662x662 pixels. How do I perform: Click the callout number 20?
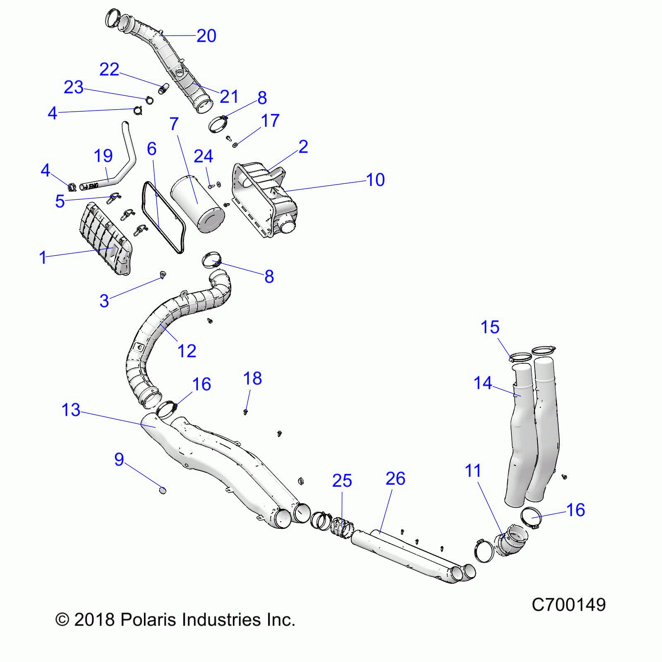tap(206, 36)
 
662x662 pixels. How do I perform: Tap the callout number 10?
tap(375, 180)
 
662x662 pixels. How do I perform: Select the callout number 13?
tap(71, 410)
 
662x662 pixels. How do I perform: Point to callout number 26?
tap(395, 479)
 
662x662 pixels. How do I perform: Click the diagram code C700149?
tap(568, 605)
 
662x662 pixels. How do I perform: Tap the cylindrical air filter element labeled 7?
tap(198, 203)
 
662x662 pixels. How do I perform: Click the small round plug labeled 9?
tap(163, 491)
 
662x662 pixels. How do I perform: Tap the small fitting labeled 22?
tap(164, 89)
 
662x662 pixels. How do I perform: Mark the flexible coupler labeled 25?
tap(342, 527)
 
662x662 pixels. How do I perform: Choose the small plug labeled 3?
tap(162, 274)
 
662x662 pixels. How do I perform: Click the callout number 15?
tap(490, 327)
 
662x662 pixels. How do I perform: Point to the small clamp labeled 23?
tap(149, 100)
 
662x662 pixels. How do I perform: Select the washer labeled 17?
tap(235, 145)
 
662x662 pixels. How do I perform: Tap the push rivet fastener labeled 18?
tap(246, 411)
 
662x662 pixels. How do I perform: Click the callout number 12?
tap(187, 351)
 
